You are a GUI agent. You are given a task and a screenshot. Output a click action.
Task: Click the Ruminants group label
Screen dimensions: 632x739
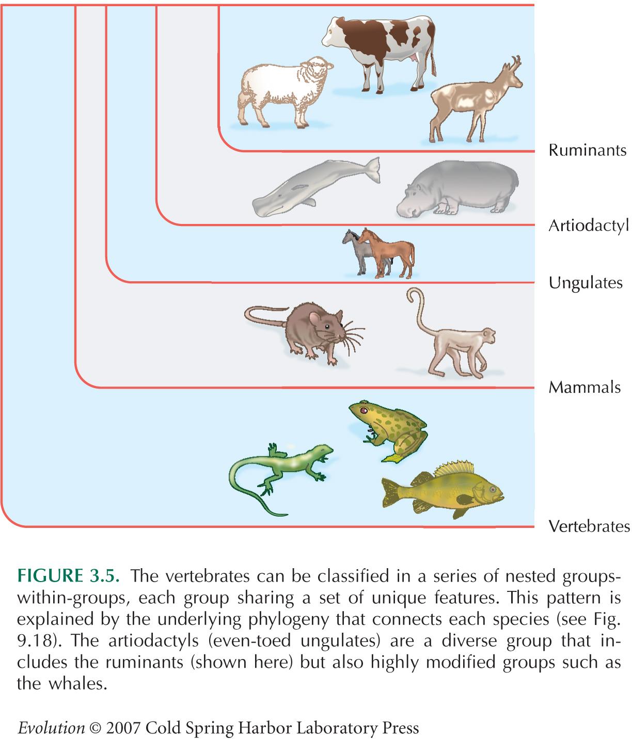pyautogui.click(x=587, y=150)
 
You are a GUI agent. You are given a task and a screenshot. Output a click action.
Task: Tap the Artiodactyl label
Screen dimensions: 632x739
pyautogui.click(x=588, y=226)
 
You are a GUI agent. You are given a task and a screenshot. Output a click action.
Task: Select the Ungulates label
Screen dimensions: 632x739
pyautogui.click(x=586, y=283)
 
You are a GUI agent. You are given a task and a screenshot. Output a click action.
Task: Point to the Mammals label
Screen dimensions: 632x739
pyautogui.click(x=584, y=387)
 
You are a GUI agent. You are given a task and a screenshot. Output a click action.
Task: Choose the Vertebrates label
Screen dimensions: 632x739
pyautogui.click(x=589, y=526)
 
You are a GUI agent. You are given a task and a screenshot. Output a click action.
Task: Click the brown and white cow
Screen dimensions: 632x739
pyautogui.click(x=379, y=54)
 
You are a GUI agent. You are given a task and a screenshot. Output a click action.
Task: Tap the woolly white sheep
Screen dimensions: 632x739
pyautogui.click(x=285, y=92)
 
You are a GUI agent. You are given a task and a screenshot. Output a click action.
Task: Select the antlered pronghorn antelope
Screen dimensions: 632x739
pyautogui.click(x=476, y=100)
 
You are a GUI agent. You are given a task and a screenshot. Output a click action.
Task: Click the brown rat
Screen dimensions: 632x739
pyautogui.click(x=304, y=331)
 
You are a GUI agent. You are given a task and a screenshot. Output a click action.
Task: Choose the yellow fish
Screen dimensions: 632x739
pyautogui.click(x=443, y=490)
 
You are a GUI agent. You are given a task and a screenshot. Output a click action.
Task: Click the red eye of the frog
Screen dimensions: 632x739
pyautogui.click(x=364, y=410)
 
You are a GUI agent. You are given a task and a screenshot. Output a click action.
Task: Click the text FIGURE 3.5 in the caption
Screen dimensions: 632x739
pyautogui.click(x=68, y=576)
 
